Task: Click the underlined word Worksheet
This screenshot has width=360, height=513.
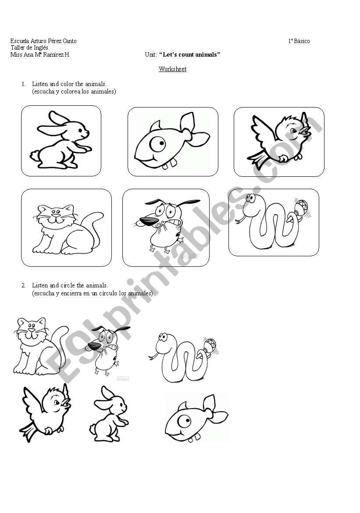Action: [x=172, y=69]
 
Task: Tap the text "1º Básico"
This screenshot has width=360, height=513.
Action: [x=299, y=41]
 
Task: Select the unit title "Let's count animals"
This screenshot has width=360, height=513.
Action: [x=189, y=55]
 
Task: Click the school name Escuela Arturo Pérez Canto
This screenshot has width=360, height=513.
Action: [x=43, y=41]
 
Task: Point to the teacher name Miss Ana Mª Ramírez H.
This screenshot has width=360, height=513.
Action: [x=40, y=55]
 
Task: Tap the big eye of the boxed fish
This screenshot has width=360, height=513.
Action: [x=158, y=144]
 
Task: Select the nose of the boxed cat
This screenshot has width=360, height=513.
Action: [x=56, y=216]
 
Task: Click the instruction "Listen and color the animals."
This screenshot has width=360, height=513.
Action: [x=69, y=84]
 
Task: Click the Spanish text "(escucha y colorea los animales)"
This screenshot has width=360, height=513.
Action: [x=74, y=92]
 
